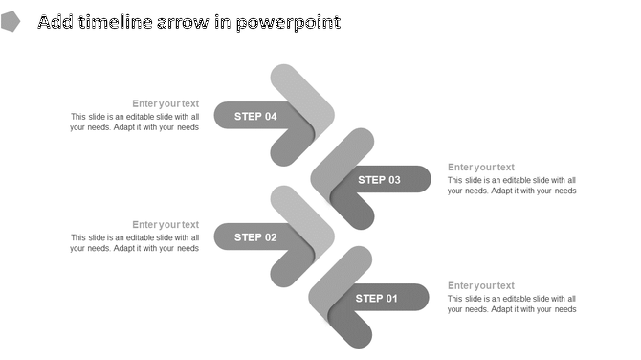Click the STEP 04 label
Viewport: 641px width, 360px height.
(x=255, y=116)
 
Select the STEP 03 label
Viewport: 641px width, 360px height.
(x=380, y=179)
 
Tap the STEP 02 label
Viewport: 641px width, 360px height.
(x=255, y=237)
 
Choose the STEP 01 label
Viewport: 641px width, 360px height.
(x=377, y=298)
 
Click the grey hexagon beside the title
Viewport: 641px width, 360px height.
(x=11, y=22)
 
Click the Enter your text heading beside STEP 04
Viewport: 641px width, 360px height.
(x=166, y=103)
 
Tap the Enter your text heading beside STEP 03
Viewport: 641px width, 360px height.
(x=481, y=168)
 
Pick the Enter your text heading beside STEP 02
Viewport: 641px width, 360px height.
(x=166, y=225)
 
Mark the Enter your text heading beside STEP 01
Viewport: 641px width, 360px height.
(x=481, y=285)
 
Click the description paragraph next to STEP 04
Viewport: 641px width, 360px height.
(x=135, y=122)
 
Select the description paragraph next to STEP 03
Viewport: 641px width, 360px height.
(x=512, y=185)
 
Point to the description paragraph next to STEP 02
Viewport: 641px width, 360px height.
(x=135, y=243)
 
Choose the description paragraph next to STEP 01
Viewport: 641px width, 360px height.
(x=512, y=304)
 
